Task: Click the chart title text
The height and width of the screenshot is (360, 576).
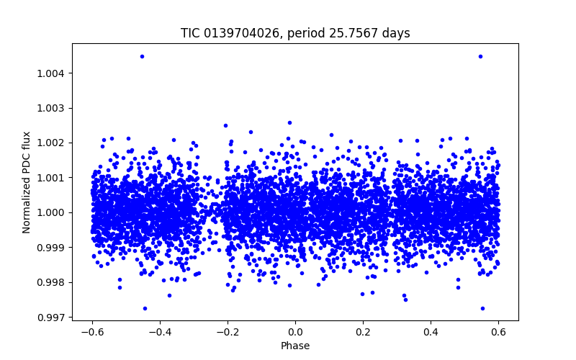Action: (295, 33)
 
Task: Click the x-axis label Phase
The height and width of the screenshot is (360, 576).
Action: (295, 346)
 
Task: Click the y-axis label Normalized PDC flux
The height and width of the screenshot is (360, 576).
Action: (27, 182)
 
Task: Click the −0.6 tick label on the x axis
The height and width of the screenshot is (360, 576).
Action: (92, 332)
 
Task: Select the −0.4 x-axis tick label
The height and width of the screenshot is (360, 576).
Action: (160, 332)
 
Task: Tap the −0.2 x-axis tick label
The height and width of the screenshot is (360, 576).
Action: (228, 332)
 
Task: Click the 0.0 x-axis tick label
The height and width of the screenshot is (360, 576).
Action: (295, 332)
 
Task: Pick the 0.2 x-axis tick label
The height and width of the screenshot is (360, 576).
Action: (363, 332)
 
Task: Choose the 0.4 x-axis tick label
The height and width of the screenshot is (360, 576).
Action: (431, 332)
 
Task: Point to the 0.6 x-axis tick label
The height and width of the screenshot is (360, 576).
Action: (498, 332)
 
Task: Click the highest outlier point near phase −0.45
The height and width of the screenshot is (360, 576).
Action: (142, 56)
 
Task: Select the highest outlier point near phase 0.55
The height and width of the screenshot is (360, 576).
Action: (480, 56)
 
